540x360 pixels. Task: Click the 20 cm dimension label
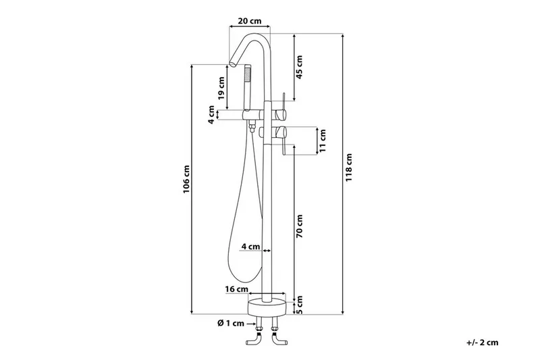[250, 21]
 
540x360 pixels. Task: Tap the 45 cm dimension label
[299, 67]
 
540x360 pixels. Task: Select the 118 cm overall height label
[349, 168]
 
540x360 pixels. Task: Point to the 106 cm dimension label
[186, 179]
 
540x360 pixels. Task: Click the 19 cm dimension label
[221, 88]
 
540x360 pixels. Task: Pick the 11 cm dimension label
[323, 141]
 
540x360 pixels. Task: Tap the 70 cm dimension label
[299, 226]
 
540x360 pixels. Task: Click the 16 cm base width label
[237, 288]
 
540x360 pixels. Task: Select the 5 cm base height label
[299, 305]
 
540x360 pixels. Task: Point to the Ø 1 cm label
[231, 323]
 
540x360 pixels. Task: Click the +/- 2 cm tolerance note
[483, 342]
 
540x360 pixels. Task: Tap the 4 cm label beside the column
[250, 247]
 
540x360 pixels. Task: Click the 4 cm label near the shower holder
[211, 115]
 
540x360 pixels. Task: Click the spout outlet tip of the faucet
[234, 63]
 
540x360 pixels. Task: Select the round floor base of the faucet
[267, 307]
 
